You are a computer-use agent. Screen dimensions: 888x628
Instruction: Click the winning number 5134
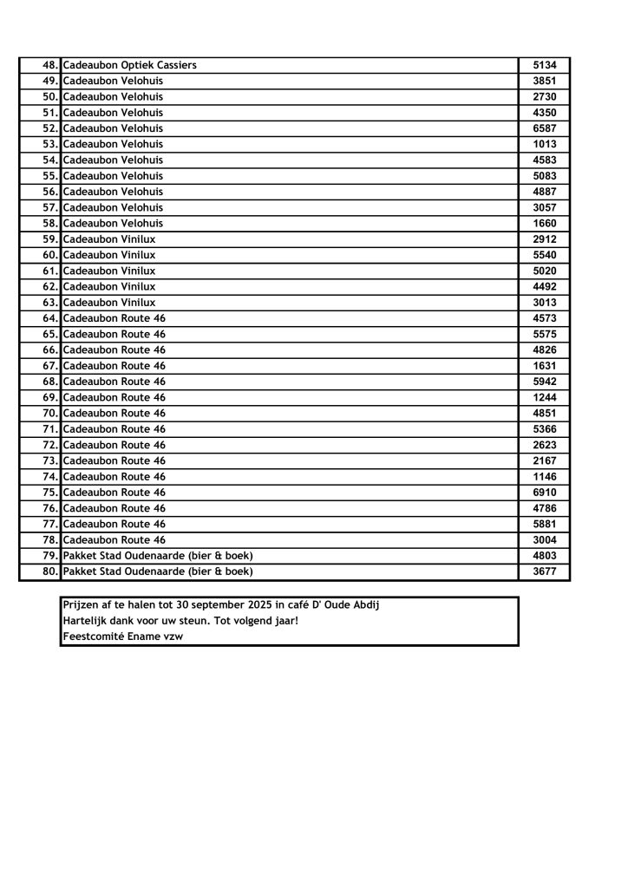pos(544,65)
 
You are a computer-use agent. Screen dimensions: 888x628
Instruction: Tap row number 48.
pos(49,65)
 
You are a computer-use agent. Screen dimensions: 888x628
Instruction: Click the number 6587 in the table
pos(544,128)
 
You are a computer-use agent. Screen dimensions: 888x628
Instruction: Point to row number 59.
pos(49,238)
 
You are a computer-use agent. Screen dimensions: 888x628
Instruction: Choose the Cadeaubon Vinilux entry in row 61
pos(109,271)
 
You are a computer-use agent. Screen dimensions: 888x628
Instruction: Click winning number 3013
pos(544,303)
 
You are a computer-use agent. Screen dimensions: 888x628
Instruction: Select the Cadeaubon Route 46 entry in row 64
pos(114,318)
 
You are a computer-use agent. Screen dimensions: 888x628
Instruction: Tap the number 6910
pos(544,493)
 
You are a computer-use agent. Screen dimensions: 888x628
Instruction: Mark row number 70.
pos(49,413)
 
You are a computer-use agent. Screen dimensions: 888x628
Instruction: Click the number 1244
pos(544,397)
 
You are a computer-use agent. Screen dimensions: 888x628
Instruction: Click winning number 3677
pos(544,571)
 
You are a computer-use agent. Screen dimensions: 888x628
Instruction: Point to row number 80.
pos(49,571)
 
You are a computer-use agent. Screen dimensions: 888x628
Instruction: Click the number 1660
pos(544,223)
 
